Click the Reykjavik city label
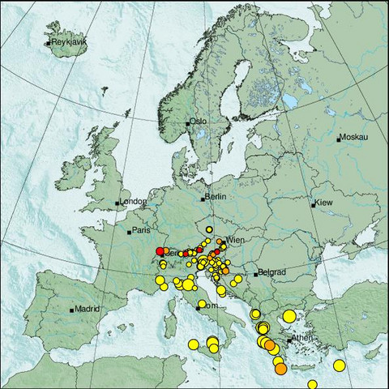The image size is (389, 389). tap(68, 41)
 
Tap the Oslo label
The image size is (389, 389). tap(199, 122)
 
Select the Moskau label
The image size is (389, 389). tap(355, 137)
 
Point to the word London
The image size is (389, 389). tap(133, 202)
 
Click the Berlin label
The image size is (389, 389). tap(216, 197)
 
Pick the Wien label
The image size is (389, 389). tap(235, 241)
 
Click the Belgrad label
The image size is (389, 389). tap(270, 273)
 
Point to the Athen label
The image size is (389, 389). tap(302, 338)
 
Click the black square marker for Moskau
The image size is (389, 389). tap(340, 139)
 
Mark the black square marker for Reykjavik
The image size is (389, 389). tap(49, 42)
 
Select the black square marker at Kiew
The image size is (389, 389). tap(314, 203)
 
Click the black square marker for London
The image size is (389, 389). tap(118, 203)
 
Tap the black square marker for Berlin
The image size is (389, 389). tap(203, 198)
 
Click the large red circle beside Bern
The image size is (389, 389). tap(160, 252)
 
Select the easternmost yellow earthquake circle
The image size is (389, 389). tap(340, 366)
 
